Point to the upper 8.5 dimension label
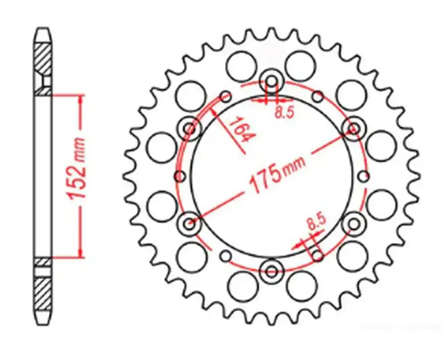(x=284, y=112)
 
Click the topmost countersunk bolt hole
(x=271, y=81)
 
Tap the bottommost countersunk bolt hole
(x=271, y=271)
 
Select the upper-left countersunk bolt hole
(x=189, y=129)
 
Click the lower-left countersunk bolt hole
(x=189, y=224)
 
